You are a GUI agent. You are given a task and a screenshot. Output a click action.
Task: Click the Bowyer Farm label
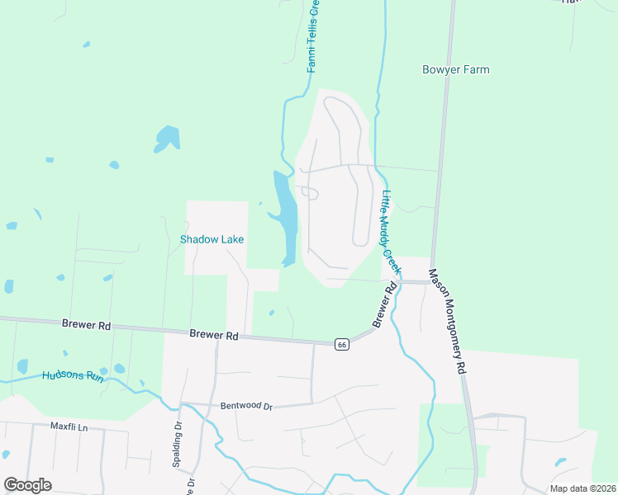pyautogui.click(x=455, y=70)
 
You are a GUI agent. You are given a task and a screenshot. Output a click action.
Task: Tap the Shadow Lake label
pyautogui.click(x=212, y=239)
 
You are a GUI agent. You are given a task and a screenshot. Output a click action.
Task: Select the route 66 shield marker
pyautogui.click(x=340, y=344)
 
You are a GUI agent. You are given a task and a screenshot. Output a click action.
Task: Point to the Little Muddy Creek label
pyautogui.click(x=391, y=233)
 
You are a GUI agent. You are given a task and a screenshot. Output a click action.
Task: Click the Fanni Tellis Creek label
pyautogui.click(x=314, y=36)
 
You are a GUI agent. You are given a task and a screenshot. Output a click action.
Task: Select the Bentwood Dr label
pyautogui.click(x=246, y=406)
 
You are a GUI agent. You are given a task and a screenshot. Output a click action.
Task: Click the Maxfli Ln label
pyautogui.click(x=68, y=427)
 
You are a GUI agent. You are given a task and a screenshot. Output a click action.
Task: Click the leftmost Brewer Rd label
pyautogui.click(x=86, y=325)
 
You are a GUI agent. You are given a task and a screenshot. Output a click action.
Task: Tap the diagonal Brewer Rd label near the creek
pyautogui.click(x=385, y=304)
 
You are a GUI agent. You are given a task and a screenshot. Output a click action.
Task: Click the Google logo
pyautogui.click(x=28, y=485)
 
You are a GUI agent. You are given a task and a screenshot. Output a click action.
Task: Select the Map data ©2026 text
pyautogui.click(x=582, y=488)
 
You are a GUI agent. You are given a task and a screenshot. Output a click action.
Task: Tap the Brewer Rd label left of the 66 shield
pyautogui.click(x=214, y=335)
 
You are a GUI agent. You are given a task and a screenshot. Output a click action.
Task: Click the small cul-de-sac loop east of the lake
pyautogui.click(x=310, y=193)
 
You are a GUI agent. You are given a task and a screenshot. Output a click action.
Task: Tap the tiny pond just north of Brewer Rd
pyautogui.click(x=271, y=313)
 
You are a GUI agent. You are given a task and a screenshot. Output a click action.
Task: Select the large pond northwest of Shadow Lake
pyautogui.click(x=166, y=138)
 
